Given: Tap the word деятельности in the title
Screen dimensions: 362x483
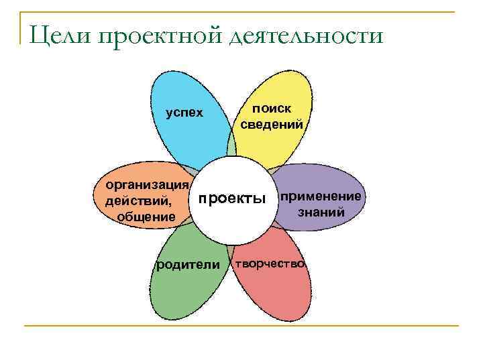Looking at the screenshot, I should pyautogui.click(x=305, y=34).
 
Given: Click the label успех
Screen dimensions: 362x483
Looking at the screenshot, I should pyautogui.click(x=184, y=113).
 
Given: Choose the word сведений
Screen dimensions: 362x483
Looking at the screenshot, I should pyautogui.click(x=271, y=124).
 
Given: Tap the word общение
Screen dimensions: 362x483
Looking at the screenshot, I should pyautogui.click(x=146, y=217).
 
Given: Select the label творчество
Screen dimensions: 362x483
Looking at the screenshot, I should pyautogui.click(x=269, y=263).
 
